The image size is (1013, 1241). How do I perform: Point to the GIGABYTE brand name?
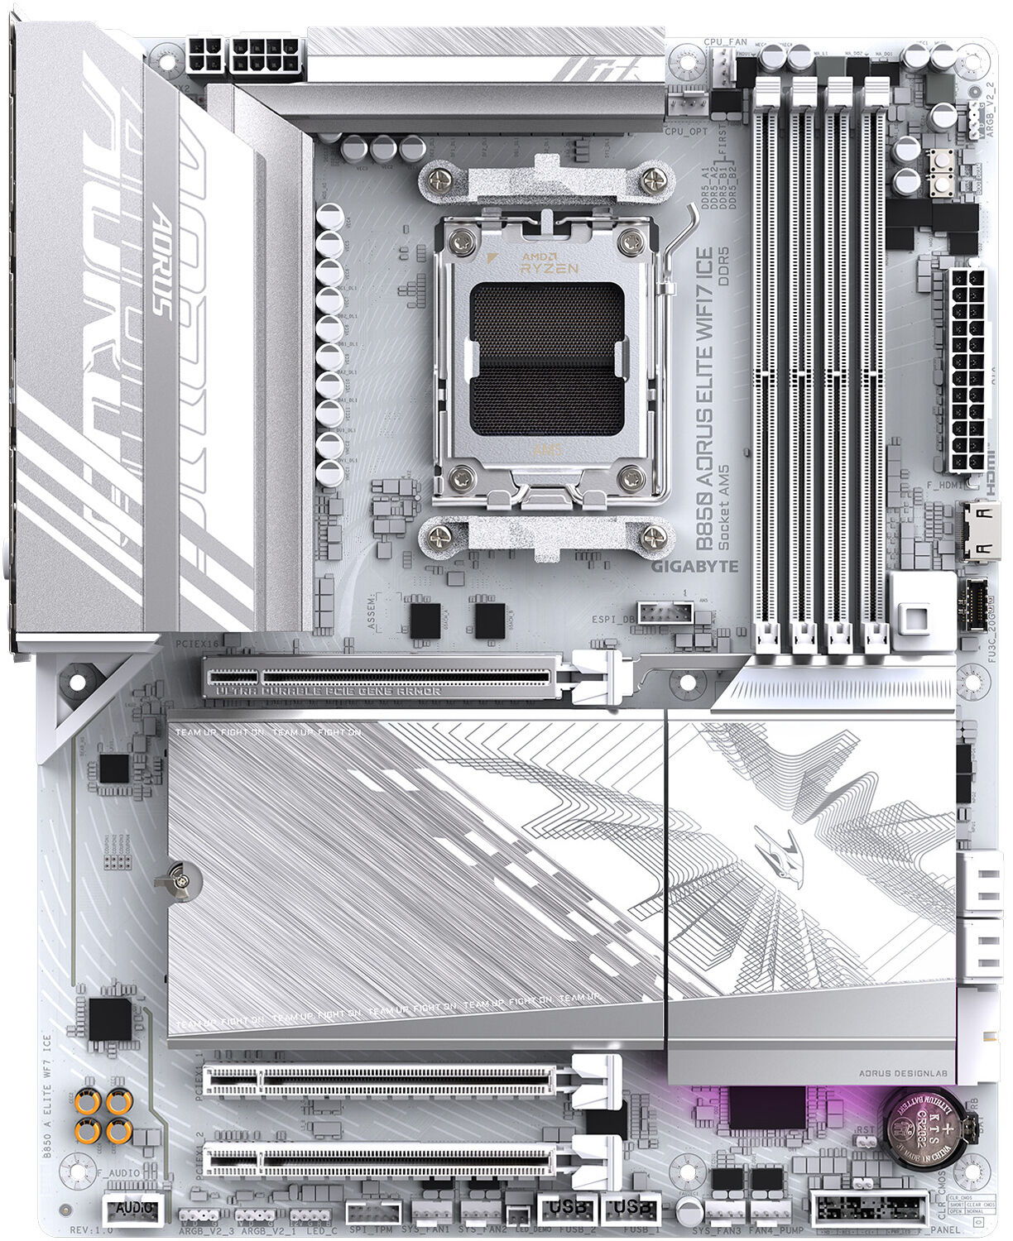tap(694, 567)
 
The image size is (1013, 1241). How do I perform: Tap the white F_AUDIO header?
tap(132, 1210)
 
